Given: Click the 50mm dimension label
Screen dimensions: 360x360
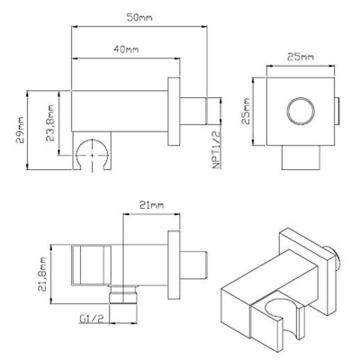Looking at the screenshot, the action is pyautogui.click(x=139, y=17).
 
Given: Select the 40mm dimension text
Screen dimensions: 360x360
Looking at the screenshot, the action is pyautogui.click(x=126, y=49).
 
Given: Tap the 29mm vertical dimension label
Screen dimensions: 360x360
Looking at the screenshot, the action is pyautogui.click(x=21, y=130).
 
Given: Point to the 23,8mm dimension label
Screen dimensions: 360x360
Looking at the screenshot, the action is pyautogui.click(x=49, y=122).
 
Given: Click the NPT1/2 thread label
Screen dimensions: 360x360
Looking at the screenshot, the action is pyautogui.click(x=217, y=149).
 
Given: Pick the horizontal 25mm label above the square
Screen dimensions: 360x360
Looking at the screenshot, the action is pyautogui.click(x=301, y=57).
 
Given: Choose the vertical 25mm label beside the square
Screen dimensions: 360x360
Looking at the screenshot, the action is pyautogui.click(x=246, y=112).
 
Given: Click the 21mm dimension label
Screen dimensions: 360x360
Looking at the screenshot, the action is pyautogui.click(x=152, y=205).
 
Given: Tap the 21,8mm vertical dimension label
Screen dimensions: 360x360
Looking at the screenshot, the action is pyautogui.click(x=42, y=274).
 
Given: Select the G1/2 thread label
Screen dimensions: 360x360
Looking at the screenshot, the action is pyautogui.click(x=92, y=319).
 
